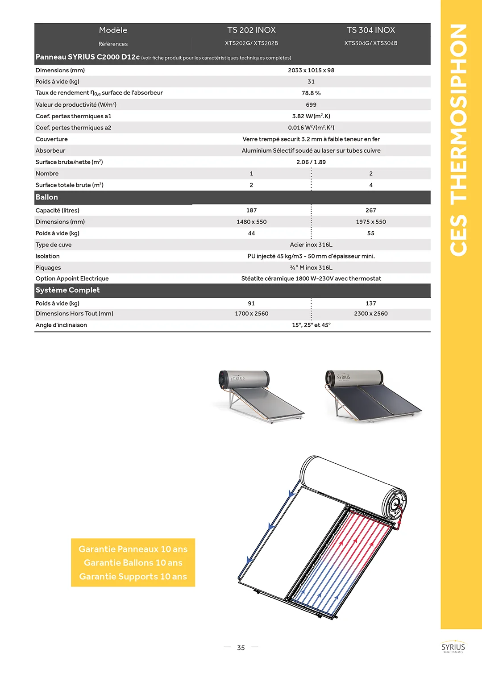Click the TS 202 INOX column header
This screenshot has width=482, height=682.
[251, 30]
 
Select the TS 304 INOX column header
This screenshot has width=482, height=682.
[370, 30]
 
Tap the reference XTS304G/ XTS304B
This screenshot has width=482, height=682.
[370, 43]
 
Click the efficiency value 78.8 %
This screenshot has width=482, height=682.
[311, 93]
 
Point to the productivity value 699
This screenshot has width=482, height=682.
[311, 105]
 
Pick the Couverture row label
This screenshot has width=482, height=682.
[52, 139]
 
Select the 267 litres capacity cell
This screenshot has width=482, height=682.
[370, 210]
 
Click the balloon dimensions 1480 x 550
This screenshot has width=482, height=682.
[251, 222]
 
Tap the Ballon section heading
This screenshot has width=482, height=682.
[47, 197]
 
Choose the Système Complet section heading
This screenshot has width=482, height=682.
[68, 290]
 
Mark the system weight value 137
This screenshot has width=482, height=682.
[370, 304]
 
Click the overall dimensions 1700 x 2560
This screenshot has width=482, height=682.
[251, 314]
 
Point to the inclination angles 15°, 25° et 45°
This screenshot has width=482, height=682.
[311, 325]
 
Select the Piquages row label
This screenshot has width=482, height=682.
[48, 268]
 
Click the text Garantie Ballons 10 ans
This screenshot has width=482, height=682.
[133, 563]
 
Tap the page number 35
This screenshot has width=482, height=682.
[241, 648]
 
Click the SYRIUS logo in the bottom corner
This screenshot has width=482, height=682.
[453, 648]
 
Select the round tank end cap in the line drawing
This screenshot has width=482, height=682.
[395, 504]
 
